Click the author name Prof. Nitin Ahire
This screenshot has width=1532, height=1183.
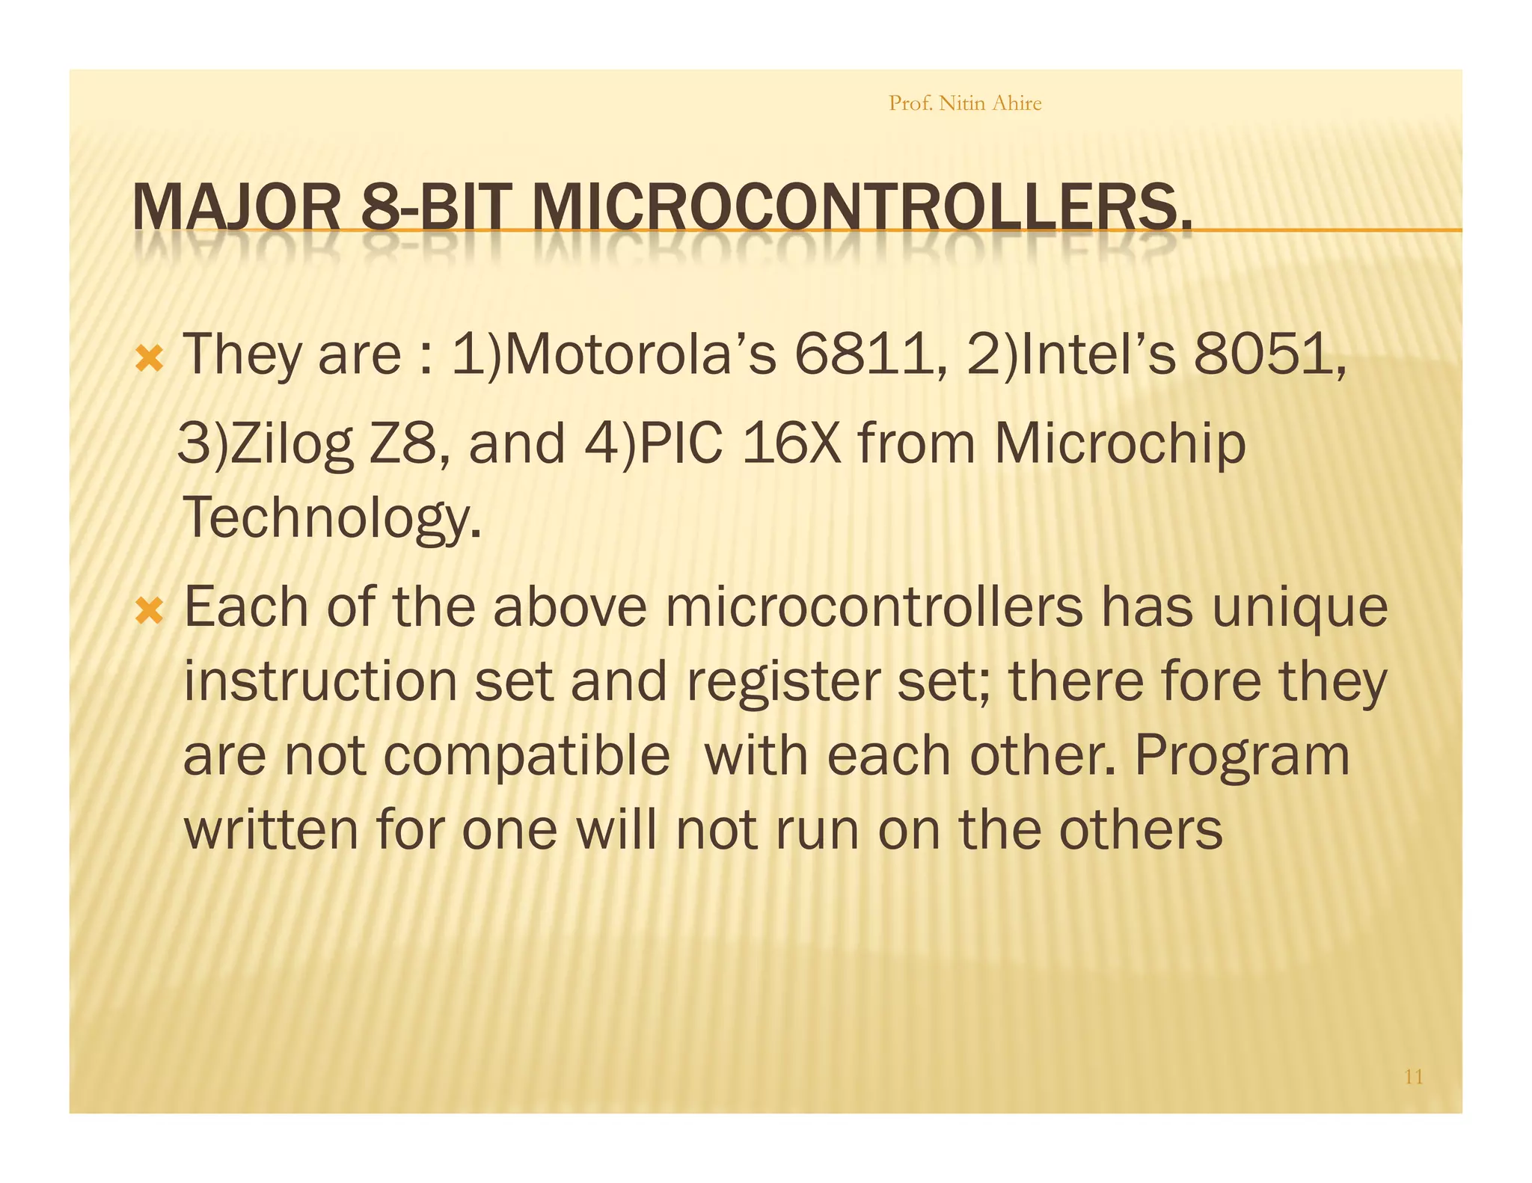pos(964,103)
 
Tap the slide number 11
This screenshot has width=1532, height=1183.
pos(1413,1077)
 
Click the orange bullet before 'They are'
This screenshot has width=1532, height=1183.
pos(150,361)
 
